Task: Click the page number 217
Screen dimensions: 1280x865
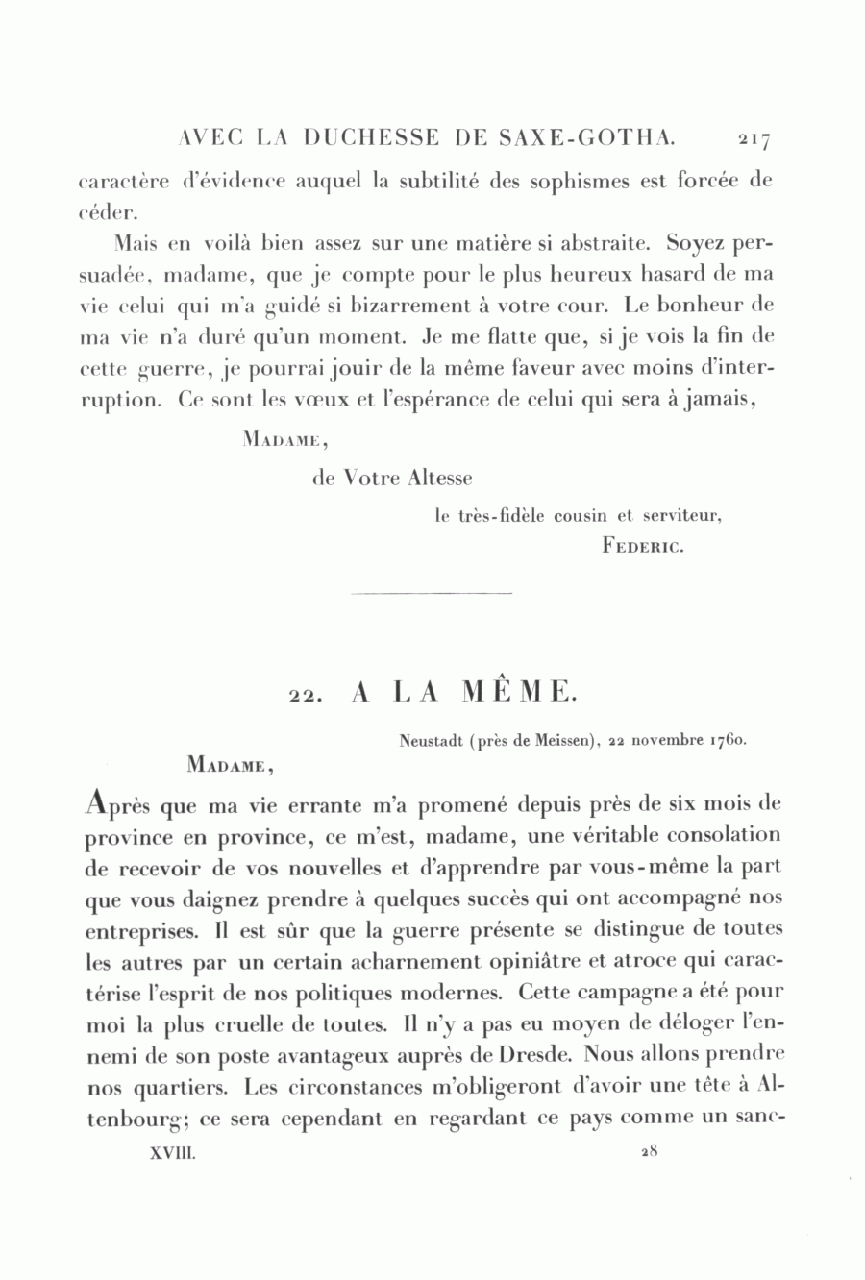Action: (x=754, y=139)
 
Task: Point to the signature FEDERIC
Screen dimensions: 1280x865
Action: (x=642, y=547)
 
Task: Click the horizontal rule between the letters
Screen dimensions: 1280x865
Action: (x=432, y=593)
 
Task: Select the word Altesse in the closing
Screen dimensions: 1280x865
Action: (x=440, y=478)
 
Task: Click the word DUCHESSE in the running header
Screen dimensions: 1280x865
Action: (x=370, y=138)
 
